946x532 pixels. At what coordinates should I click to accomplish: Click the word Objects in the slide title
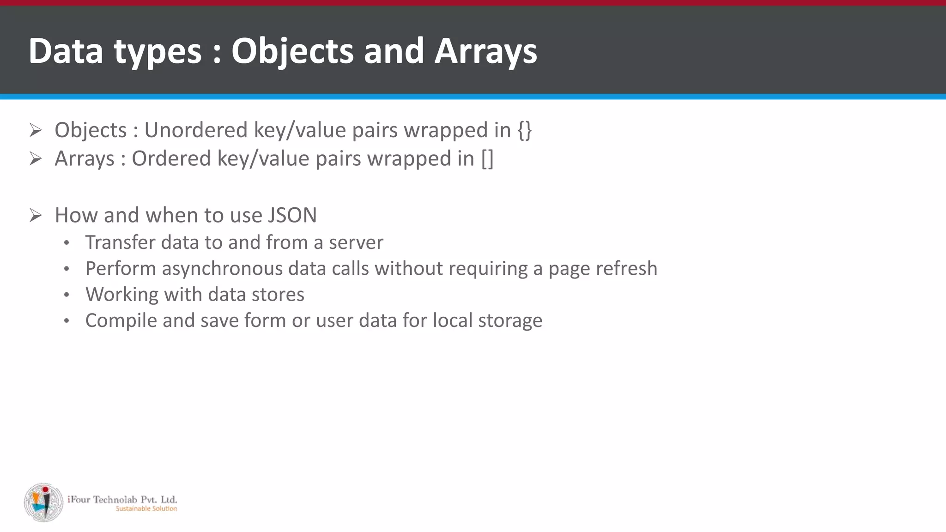tap(292, 51)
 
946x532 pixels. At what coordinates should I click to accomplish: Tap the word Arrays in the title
tap(485, 51)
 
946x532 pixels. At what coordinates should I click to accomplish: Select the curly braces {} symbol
tap(525, 130)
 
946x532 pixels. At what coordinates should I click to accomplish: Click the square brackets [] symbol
tap(487, 159)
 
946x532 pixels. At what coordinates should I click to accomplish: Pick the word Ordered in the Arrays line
tap(171, 159)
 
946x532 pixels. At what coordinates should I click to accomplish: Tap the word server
tap(356, 242)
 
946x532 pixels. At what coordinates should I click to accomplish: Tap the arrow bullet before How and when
tap(36, 215)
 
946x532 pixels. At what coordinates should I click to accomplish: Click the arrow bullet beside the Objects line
tap(36, 130)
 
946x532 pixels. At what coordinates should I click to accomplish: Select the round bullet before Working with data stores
tap(67, 295)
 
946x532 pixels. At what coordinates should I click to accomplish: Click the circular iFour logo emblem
tap(43, 502)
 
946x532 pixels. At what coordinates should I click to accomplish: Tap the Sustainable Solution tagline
tap(146, 508)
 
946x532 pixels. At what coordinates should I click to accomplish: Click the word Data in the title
tap(66, 51)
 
